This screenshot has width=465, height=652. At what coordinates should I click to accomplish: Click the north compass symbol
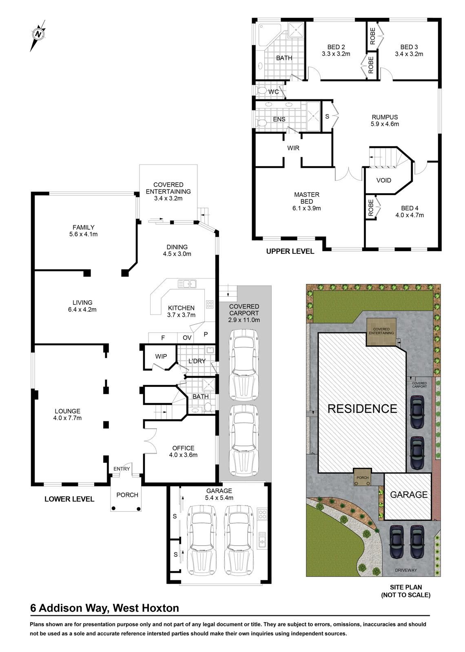38,35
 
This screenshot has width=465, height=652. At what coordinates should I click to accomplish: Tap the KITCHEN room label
181,308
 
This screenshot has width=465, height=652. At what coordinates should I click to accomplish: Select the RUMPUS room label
385,117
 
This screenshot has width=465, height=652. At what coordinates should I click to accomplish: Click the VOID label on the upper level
384,180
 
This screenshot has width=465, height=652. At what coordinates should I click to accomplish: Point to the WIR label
293,148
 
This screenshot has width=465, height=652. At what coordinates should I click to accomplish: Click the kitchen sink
187,284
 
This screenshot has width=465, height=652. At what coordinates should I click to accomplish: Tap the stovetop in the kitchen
210,304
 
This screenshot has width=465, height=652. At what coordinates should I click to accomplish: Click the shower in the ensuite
313,116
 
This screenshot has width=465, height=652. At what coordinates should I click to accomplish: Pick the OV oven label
187,338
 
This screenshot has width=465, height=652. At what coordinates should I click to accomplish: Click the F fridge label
163,338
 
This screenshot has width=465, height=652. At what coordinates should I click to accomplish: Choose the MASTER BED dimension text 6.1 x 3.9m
306,208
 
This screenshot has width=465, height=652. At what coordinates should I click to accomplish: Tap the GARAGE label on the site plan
409,495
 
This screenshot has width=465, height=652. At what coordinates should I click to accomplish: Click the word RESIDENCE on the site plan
362,409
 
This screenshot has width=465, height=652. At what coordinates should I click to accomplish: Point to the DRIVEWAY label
406,570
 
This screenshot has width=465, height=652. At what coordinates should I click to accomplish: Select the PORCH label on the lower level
127,495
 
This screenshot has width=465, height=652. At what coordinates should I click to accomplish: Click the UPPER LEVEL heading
290,251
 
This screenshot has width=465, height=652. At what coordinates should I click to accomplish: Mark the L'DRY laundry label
197,361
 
